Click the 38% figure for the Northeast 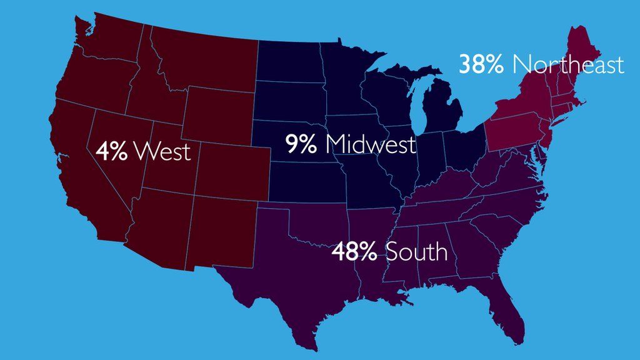tap(481, 64)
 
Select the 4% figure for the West tap(112, 151)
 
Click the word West tap(162, 151)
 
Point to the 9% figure tap(302, 144)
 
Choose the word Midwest tap(370, 144)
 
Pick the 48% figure tap(354, 252)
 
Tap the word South tap(416, 252)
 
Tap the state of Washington tap(106, 41)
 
